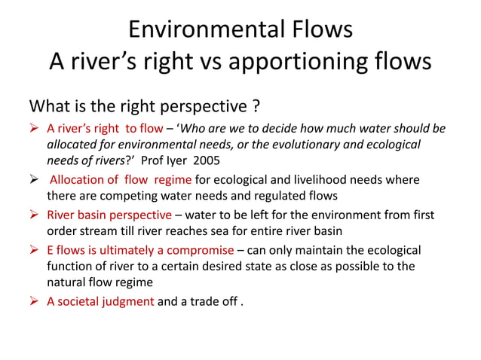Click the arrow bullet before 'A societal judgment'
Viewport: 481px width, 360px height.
coord(35,301)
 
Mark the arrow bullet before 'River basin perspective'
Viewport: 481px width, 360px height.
coord(35,215)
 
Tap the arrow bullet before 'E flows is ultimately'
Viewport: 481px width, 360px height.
coord(35,250)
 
